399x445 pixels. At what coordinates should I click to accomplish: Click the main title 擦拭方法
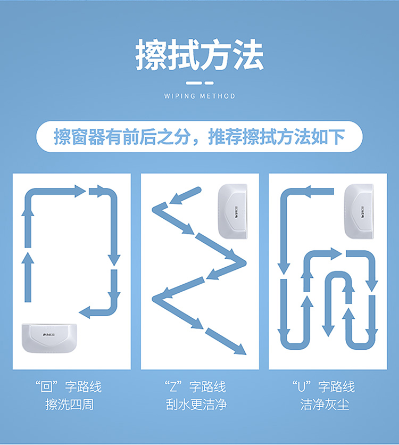coord(199,54)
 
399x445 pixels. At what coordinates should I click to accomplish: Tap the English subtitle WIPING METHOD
coord(199,96)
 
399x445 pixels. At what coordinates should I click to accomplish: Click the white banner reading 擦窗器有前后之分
coord(199,136)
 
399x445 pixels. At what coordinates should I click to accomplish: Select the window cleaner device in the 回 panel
coord(49,337)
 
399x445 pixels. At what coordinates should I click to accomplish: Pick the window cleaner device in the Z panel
coord(232,211)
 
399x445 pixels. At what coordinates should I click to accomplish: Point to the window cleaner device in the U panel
coord(359,211)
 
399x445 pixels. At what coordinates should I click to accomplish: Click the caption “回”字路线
coord(68,386)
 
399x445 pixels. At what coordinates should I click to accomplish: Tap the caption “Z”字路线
coord(195,386)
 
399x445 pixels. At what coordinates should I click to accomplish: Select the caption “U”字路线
coord(323,386)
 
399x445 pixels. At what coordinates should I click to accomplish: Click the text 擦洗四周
coord(70,405)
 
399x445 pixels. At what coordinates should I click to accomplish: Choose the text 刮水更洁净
coord(196,405)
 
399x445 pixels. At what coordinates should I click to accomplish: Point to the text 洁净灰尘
coord(325,405)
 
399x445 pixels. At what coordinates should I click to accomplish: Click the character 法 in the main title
coord(248,54)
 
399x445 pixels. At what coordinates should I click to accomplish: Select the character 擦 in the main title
coord(151,54)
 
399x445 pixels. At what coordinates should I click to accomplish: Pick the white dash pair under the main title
coord(199,83)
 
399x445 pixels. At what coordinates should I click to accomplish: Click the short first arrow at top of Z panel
coord(185,196)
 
